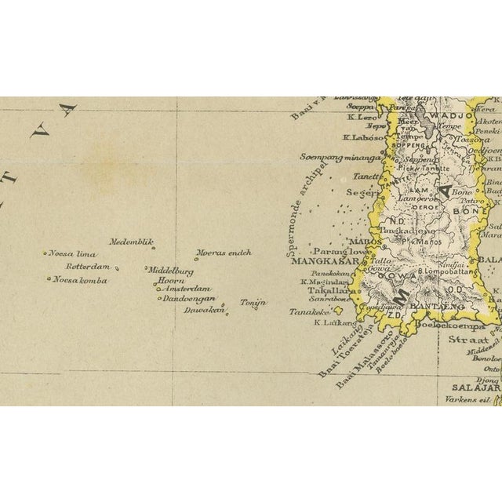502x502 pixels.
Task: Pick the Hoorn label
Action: coord(170,280)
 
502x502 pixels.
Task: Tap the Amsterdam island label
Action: coord(184,289)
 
